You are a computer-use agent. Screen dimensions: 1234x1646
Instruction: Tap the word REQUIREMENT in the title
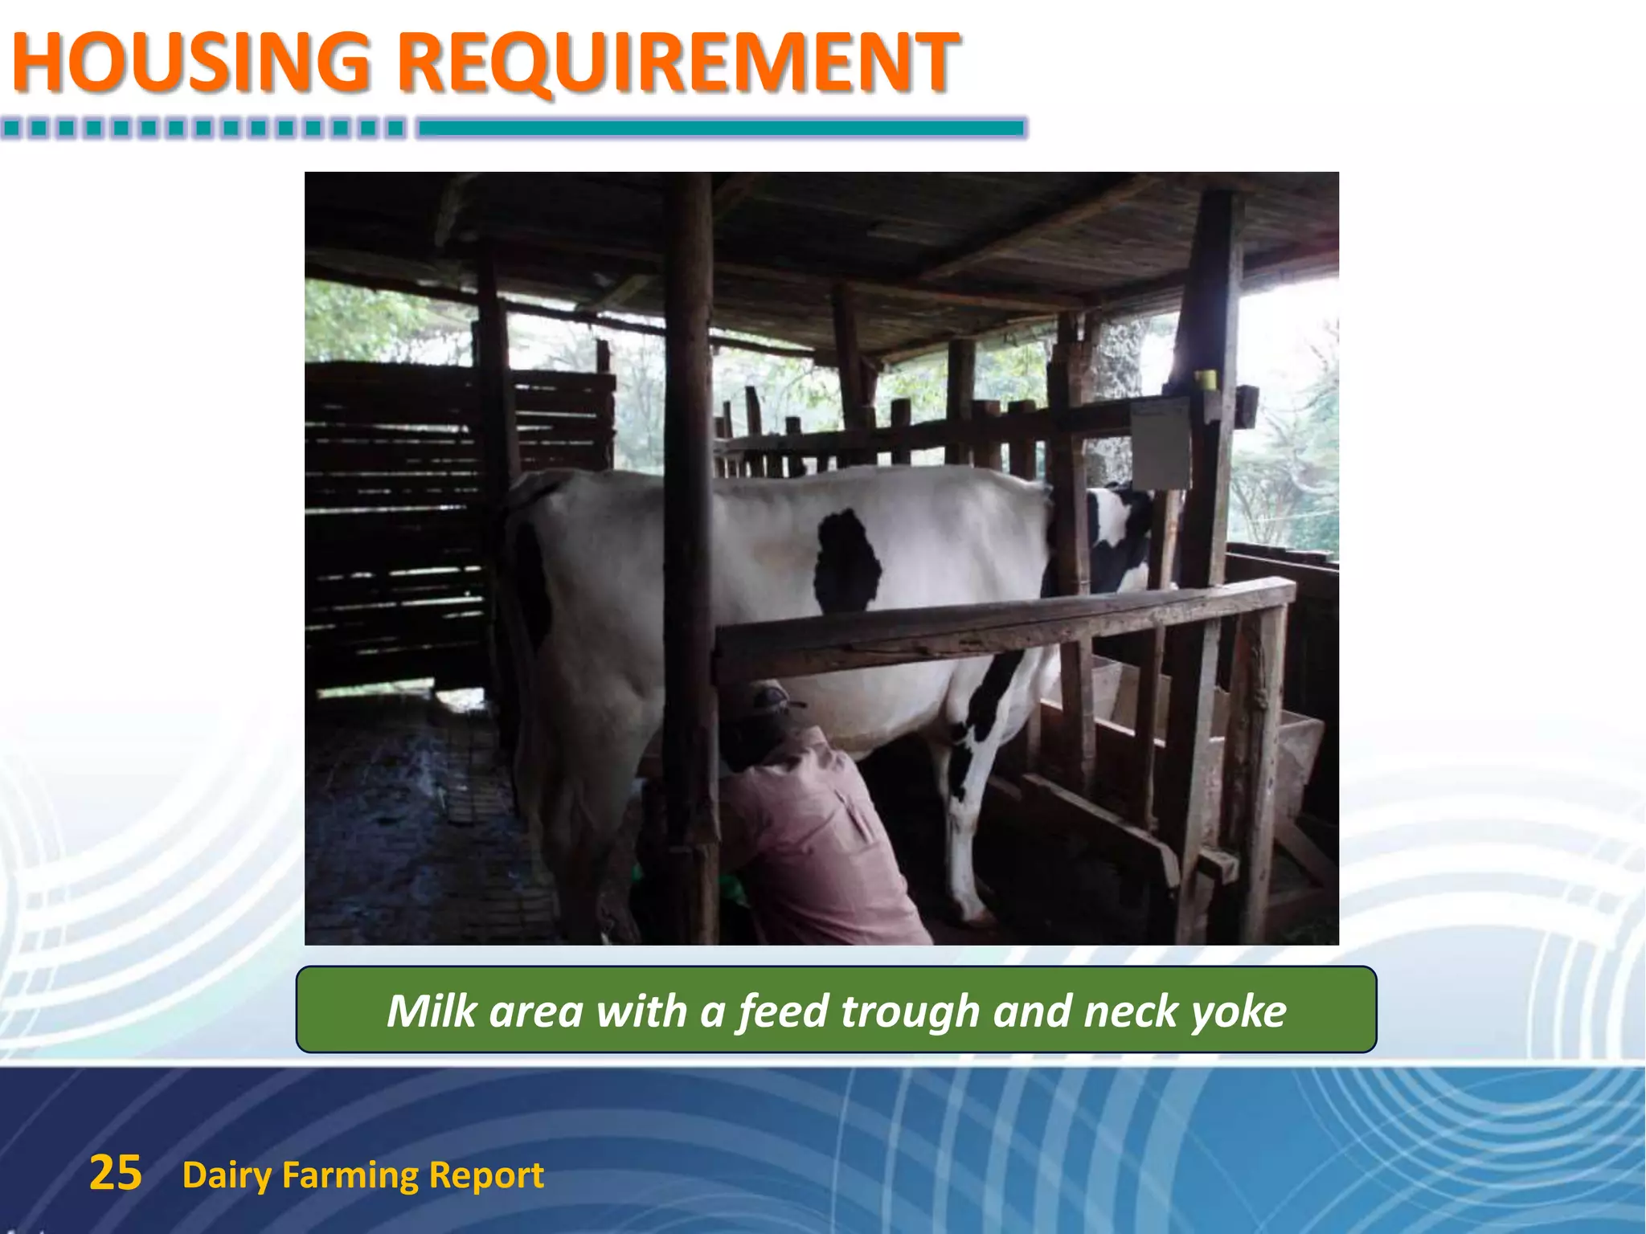[x=678, y=63]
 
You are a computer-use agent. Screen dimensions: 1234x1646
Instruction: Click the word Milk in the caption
[x=432, y=1010]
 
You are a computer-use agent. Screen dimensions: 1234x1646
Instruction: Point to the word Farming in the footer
[x=350, y=1175]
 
